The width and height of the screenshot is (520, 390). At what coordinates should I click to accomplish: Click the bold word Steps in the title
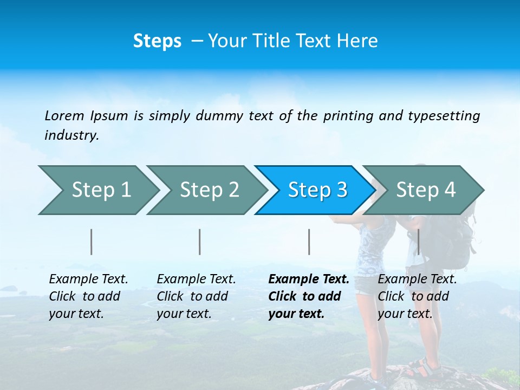coord(157,41)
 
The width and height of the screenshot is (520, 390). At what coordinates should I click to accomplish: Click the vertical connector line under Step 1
coord(92,242)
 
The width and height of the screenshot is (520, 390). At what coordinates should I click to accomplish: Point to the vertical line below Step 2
coord(200,242)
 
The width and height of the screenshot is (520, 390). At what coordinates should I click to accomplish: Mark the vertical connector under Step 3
coord(309,242)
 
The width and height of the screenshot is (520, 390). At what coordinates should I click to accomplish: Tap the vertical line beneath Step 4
coord(419,242)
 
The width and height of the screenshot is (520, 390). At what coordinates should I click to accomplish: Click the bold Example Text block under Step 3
coord(308,296)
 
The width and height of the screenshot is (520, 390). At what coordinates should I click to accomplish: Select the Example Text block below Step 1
coord(88,296)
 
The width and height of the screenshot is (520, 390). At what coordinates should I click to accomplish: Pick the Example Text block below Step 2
coord(196,296)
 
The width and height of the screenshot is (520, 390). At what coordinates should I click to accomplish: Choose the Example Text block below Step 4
coord(417,296)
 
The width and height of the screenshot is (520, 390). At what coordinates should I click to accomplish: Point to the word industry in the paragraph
coord(71,135)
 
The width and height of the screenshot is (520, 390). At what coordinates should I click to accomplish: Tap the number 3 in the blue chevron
coord(341,190)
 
